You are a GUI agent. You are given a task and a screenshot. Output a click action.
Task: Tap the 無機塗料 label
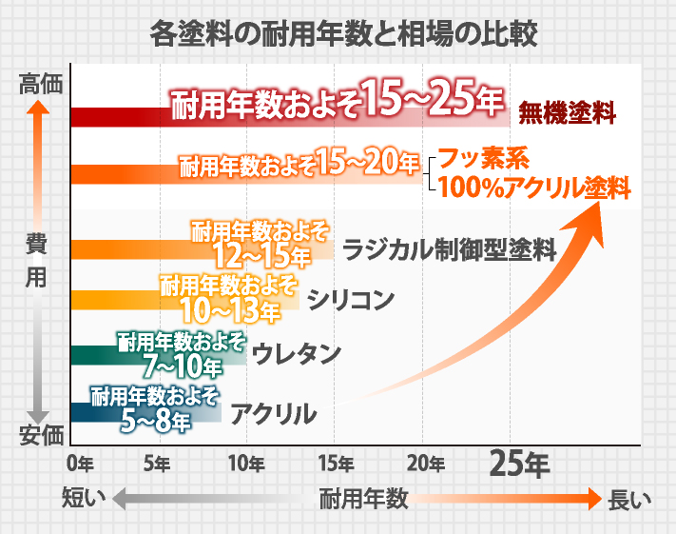pyautogui.click(x=567, y=115)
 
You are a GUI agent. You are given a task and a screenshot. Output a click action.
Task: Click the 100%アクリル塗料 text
pyautogui.click(x=535, y=188)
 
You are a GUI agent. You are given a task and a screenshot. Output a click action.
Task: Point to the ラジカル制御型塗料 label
pyautogui.click(x=448, y=250)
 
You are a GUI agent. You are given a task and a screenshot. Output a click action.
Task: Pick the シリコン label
pyautogui.click(x=351, y=301)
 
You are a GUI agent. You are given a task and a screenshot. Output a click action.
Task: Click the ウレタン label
pyautogui.click(x=298, y=354)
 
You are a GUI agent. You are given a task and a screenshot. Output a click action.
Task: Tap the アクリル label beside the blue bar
pyautogui.click(x=273, y=413)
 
